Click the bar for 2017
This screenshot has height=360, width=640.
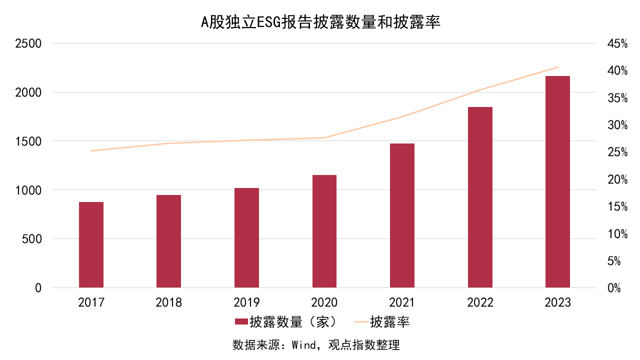[x=91, y=245]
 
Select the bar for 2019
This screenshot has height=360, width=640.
[x=246, y=238]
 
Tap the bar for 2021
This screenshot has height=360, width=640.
[x=402, y=215]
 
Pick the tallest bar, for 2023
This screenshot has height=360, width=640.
[x=557, y=182]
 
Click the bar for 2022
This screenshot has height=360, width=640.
[x=480, y=197]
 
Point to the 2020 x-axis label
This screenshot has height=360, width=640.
[x=324, y=302]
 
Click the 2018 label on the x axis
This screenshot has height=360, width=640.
[x=169, y=302]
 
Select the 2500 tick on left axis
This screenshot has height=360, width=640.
[x=28, y=43]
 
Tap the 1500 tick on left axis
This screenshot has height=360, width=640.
[x=28, y=141]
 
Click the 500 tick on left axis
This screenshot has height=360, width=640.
[x=32, y=239]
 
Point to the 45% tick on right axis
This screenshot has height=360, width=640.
[x=617, y=44]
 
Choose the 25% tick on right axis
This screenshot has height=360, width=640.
[x=617, y=152]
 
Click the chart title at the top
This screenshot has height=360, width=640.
[x=320, y=22]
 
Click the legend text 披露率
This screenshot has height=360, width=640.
[x=390, y=322]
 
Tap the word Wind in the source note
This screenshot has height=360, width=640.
[x=303, y=345]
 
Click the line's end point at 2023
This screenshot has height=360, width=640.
[x=557, y=67]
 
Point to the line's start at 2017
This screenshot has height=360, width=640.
[x=91, y=150]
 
